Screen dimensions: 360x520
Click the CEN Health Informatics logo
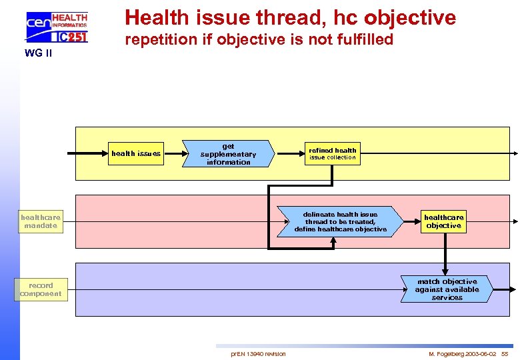56,27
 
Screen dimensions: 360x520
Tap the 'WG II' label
38,53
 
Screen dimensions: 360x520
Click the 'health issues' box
136,153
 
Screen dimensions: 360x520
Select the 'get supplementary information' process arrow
228,154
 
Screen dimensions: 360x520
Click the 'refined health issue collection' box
332,154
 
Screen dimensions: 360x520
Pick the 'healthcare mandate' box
41,221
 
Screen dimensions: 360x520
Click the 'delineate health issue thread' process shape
341,222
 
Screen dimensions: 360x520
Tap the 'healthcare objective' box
443,222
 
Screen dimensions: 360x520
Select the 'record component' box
41,289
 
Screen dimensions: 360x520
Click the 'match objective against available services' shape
446,289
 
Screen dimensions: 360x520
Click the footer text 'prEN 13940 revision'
258,353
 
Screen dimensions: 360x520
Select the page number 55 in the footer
505,353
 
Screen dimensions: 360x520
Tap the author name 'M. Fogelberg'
445,353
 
